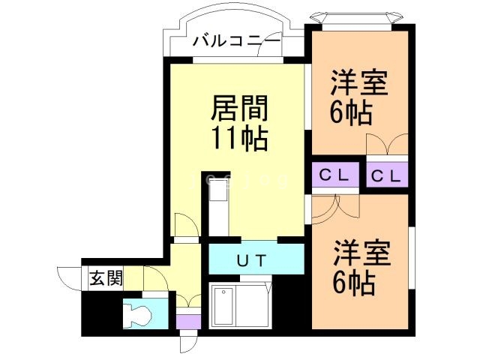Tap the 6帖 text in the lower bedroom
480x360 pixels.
pyautogui.click(x=354, y=283)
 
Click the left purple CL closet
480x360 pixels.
pyautogui.click(x=334, y=176)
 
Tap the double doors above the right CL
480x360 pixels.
pyautogui.click(x=387, y=145)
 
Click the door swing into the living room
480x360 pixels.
pyautogui.click(x=183, y=224)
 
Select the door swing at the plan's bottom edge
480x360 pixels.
pyautogui.click(x=188, y=343)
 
